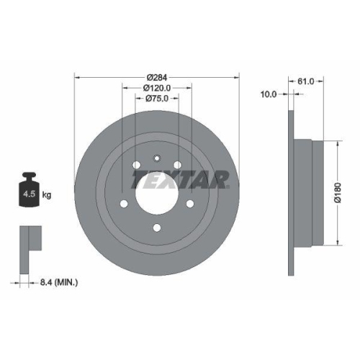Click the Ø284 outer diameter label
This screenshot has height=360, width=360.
[x=157, y=76]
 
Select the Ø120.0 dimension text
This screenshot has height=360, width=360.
[x=157, y=87]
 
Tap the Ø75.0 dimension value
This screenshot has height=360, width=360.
[x=157, y=99]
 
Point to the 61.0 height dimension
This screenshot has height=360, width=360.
[x=306, y=81]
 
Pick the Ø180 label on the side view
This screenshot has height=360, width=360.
[x=336, y=192]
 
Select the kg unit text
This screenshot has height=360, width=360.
[x=47, y=194]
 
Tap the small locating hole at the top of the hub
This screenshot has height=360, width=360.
[x=156, y=160]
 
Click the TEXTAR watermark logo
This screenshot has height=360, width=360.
[x=180, y=178]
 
